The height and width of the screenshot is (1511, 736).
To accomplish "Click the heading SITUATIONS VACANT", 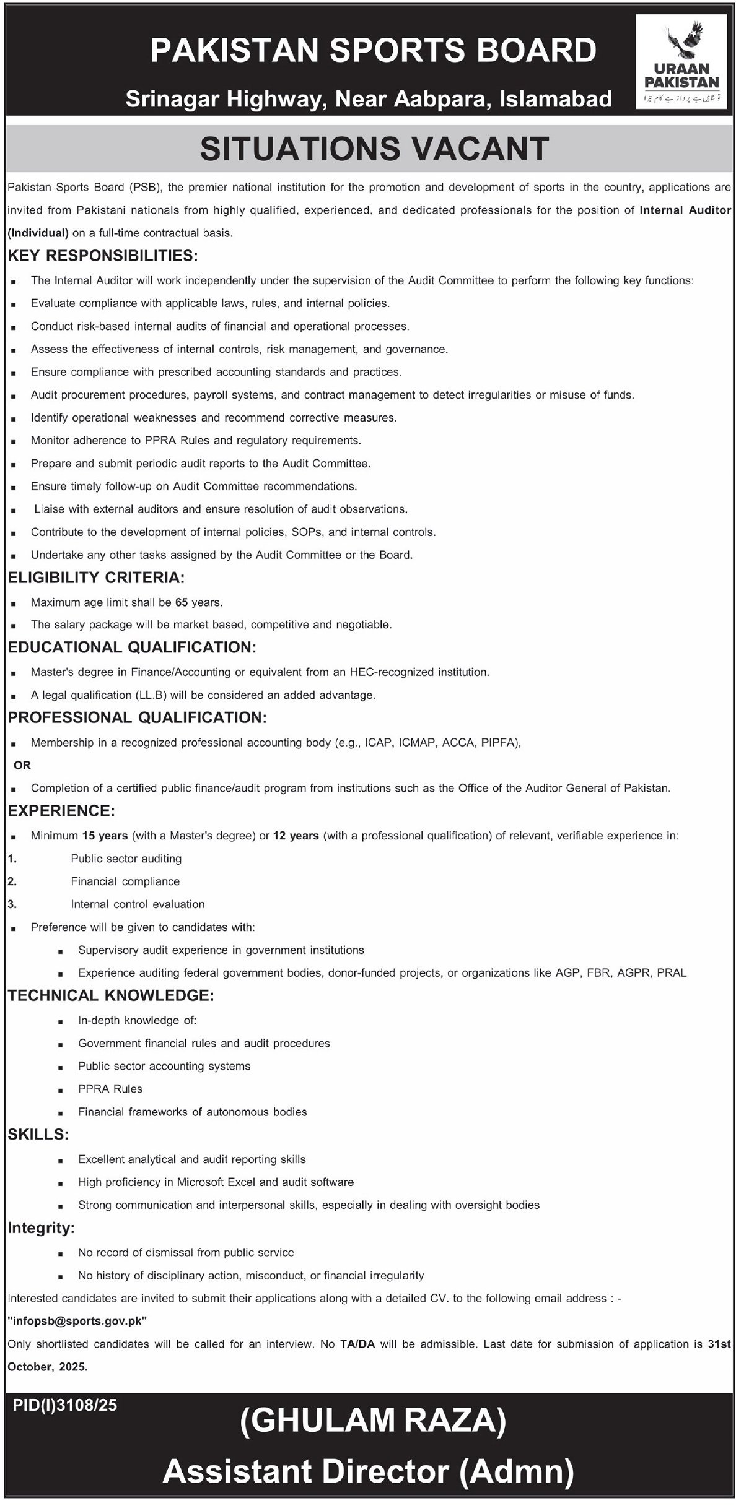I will [x=374, y=149].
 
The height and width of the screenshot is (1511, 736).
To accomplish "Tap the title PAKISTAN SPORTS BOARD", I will [x=374, y=51].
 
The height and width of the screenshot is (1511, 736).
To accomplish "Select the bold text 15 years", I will [x=104, y=836].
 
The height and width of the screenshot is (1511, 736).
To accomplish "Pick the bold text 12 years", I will [x=296, y=836].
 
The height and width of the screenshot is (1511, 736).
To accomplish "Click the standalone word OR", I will [x=22, y=765].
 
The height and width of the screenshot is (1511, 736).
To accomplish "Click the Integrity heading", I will [x=41, y=1229].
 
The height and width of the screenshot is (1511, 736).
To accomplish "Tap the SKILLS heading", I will [x=38, y=1135].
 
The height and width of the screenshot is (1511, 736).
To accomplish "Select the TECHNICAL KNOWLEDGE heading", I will [x=111, y=995].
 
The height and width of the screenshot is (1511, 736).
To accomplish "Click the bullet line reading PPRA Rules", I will [x=110, y=1089].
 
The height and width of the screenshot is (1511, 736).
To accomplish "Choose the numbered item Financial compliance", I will [x=125, y=881].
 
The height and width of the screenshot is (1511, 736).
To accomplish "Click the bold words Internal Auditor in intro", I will [x=685, y=210].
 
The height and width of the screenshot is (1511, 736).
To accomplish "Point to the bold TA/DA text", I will [x=357, y=1344].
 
